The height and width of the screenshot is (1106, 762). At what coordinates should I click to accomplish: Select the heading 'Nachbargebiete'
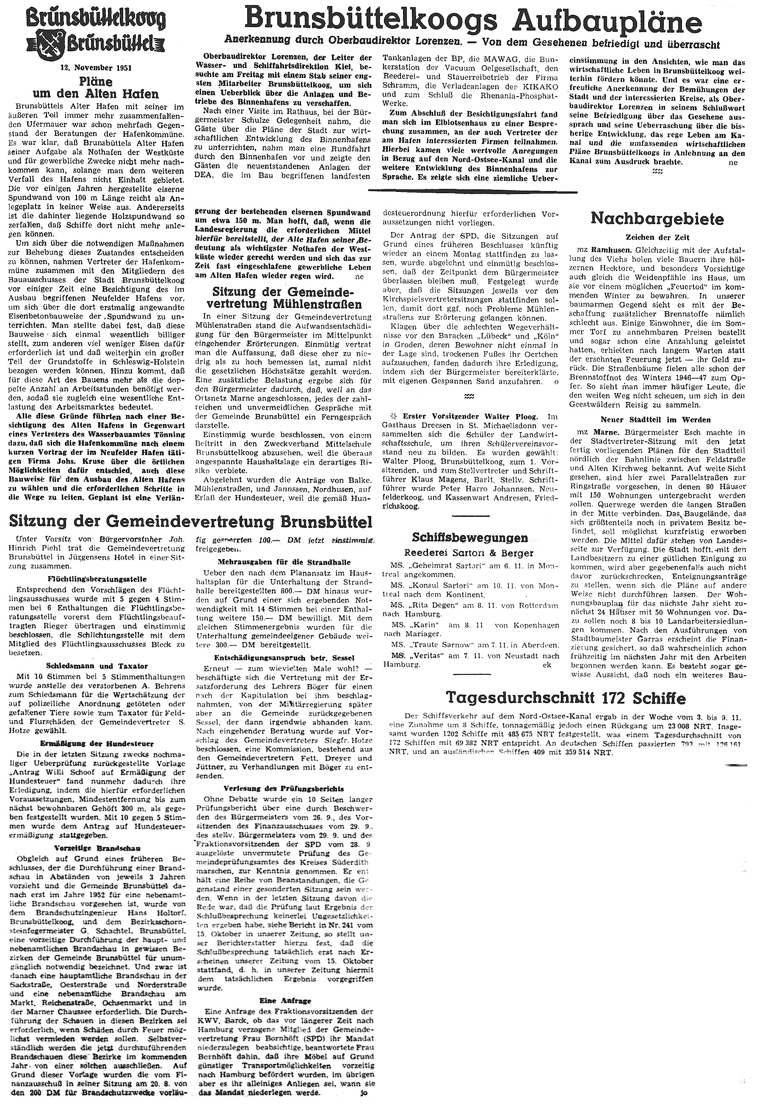click(x=657, y=219)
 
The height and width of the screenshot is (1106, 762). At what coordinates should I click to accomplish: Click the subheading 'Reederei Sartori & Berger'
click(x=470, y=553)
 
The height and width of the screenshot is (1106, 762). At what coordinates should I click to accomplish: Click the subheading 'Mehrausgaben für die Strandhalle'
click(x=284, y=562)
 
